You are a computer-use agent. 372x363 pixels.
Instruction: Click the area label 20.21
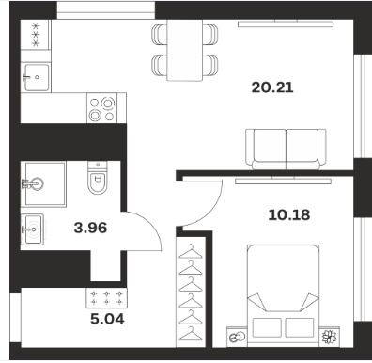(272, 87)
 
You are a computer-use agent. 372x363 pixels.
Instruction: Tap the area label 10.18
(289, 215)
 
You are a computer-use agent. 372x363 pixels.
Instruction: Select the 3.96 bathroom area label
(90, 228)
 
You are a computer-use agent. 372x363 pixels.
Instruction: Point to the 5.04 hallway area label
(107, 319)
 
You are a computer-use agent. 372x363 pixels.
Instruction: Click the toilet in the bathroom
(98, 178)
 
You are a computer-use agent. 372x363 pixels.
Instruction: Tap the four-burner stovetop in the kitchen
(101, 108)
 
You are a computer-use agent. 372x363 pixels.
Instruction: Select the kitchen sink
(37, 77)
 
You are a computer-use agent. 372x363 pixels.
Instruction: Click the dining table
(184, 50)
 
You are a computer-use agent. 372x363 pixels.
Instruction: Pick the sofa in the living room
(286, 150)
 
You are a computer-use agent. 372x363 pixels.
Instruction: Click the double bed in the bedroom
(283, 295)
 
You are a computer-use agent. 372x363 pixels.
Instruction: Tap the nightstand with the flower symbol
(330, 337)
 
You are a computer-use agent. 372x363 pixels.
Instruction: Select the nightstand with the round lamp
(237, 337)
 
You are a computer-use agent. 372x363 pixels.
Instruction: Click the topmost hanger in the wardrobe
(191, 252)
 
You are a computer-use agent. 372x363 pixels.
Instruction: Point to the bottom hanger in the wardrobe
(191, 333)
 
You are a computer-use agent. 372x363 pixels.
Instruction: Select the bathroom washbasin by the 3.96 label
(32, 229)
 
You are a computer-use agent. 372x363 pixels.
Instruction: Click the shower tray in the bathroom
(43, 184)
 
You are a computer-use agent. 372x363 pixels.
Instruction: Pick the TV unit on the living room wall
(286, 24)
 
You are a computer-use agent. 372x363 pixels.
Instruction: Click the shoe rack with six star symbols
(106, 298)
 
